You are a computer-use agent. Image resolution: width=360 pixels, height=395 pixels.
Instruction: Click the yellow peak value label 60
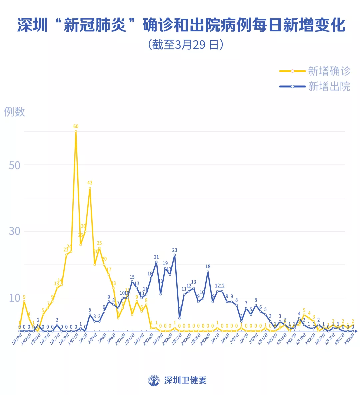[x=76, y=126]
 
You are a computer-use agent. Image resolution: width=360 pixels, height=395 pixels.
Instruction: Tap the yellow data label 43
[x=90, y=183]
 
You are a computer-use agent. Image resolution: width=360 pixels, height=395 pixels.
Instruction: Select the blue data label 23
[x=175, y=250]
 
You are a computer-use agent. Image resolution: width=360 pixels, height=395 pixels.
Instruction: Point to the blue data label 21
[x=156, y=257]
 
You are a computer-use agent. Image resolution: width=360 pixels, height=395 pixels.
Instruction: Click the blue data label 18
[x=208, y=267]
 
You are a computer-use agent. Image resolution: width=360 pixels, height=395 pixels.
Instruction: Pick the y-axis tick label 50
[x=15, y=165]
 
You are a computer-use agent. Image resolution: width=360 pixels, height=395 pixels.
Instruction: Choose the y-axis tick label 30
[x=15, y=231]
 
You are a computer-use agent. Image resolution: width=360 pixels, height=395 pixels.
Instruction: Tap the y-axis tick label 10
[x=15, y=298]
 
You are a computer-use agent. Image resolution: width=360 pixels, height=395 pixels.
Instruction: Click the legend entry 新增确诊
[x=329, y=71]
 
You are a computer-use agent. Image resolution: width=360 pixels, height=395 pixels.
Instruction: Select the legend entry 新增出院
[x=329, y=86]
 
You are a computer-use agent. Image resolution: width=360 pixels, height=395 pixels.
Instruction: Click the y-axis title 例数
[x=15, y=112]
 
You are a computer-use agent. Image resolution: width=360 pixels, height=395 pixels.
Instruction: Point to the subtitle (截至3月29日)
[x=185, y=44]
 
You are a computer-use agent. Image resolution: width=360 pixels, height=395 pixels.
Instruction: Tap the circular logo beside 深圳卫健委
[x=154, y=380]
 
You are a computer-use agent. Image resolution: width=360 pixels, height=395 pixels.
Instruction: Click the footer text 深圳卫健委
[x=185, y=380]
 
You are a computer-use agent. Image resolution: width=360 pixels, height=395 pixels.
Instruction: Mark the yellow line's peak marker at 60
[x=76, y=131]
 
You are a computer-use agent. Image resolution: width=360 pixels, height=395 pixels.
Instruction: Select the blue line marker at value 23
[x=175, y=255]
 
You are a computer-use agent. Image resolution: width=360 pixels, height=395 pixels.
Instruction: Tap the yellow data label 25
[x=99, y=243]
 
